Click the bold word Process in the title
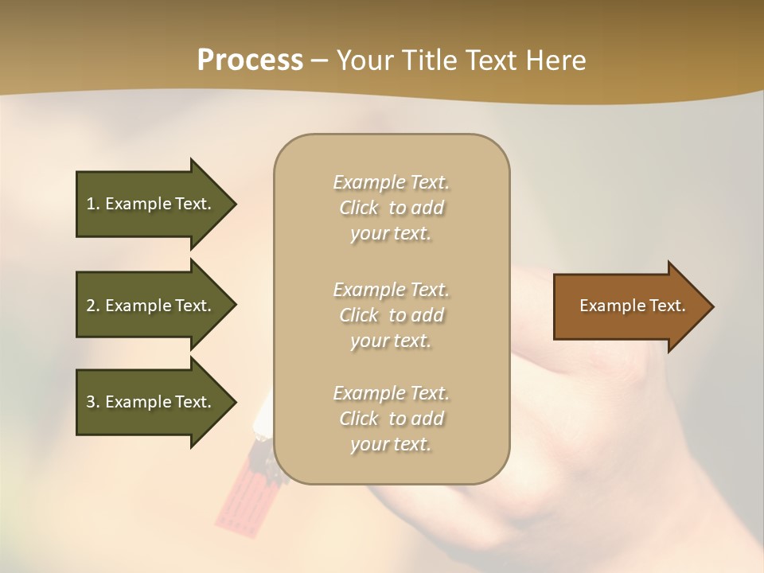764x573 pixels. [x=250, y=60]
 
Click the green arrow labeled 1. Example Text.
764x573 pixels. [x=151, y=204]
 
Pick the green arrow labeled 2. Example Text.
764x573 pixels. [x=151, y=306]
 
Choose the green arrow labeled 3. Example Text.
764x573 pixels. [x=151, y=402]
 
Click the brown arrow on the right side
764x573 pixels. [x=629, y=306]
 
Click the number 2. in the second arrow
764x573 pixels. [x=92, y=306]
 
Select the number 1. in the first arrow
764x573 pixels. [x=92, y=204]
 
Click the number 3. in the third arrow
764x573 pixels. [x=92, y=402]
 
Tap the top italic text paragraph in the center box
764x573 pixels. [x=391, y=208]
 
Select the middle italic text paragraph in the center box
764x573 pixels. [x=391, y=315]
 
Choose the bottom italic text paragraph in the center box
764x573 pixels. [x=391, y=419]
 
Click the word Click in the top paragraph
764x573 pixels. [x=359, y=208]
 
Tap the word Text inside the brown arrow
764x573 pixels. [x=667, y=306]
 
